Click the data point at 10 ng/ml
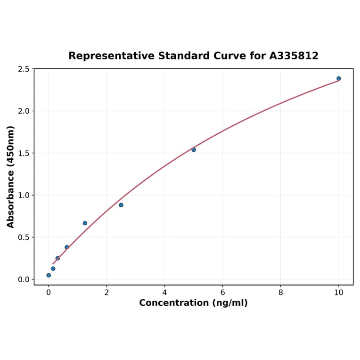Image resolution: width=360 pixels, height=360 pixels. point(338,79)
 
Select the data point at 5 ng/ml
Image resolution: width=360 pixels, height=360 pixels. point(194,149)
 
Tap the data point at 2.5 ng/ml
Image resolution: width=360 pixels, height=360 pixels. point(121,205)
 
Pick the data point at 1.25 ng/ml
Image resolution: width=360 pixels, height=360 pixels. point(85,223)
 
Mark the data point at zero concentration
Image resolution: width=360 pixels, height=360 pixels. point(49,275)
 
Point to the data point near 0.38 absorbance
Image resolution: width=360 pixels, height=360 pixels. point(67,247)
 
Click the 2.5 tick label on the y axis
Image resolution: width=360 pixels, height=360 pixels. point(23,69)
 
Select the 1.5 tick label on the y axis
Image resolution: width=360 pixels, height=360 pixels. point(23,153)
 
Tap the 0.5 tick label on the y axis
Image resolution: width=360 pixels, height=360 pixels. point(23,237)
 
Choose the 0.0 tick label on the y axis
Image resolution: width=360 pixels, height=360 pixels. point(23,279)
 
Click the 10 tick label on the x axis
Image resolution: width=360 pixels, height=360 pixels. point(338,292)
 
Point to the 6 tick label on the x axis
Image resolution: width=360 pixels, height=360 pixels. point(222,292)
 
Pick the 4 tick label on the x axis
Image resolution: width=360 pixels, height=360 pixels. point(164,292)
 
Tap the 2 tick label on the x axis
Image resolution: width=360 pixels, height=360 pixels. point(106,292)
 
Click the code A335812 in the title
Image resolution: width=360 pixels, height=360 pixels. point(294,56)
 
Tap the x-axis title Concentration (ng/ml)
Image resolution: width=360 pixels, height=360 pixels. point(193,303)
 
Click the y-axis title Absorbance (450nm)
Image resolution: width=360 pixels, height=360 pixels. point(11,177)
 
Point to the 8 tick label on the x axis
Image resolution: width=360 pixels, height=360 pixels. point(280,292)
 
